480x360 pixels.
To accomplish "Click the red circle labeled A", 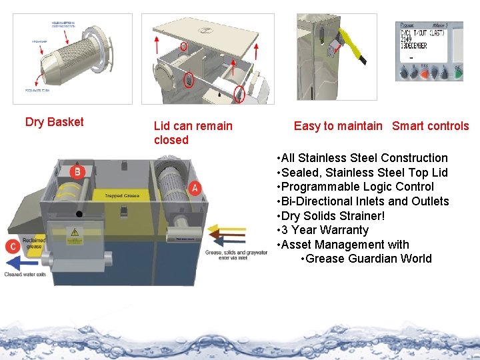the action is point(195,188).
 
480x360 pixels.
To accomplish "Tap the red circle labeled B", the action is point(77,172).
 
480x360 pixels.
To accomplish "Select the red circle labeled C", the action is point(13,245).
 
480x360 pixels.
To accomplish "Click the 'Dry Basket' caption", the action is point(54,122).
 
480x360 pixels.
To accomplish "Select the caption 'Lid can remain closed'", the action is point(193,133).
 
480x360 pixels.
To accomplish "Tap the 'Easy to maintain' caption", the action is point(338,126).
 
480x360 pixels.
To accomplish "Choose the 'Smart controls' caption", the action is point(430,126).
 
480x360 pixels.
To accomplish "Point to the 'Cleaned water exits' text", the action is point(25,275).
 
